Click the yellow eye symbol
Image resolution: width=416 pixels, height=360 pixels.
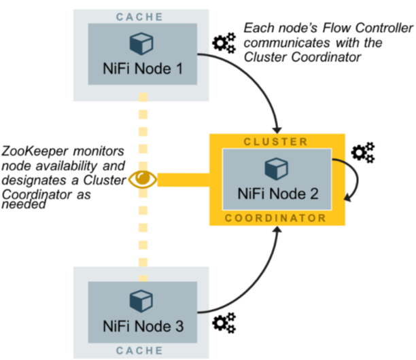(x=143, y=179)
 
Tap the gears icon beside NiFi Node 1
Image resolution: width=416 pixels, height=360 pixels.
(x=224, y=44)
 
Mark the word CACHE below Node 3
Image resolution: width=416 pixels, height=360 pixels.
(x=142, y=351)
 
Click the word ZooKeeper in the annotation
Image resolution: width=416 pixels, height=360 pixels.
(x=33, y=150)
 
